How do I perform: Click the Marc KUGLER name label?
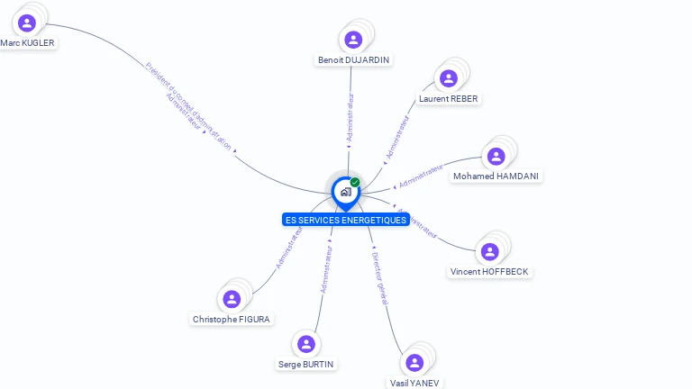[x=27, y=42]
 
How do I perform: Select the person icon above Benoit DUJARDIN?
[x=353, y=40]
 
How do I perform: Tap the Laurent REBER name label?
[x=449, y=98]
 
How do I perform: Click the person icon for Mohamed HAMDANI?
[x=496, y=157]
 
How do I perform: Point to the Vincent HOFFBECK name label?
[x=489, y=271]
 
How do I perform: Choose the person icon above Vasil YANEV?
[x=414, y=362]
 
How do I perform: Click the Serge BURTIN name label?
[x=305, y=364]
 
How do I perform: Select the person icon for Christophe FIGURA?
[x=232, y=299]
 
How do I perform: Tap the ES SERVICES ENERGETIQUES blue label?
[x=346, y=220]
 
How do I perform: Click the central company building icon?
[x=345, y=191]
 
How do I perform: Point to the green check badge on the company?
[x=355, y=183]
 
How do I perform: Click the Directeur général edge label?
[x=379, y=278]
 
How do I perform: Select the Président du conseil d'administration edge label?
[x=189, y=105]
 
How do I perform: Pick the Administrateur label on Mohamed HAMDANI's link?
[x=422, y=176]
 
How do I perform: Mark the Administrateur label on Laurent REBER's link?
[x=397, y=138]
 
